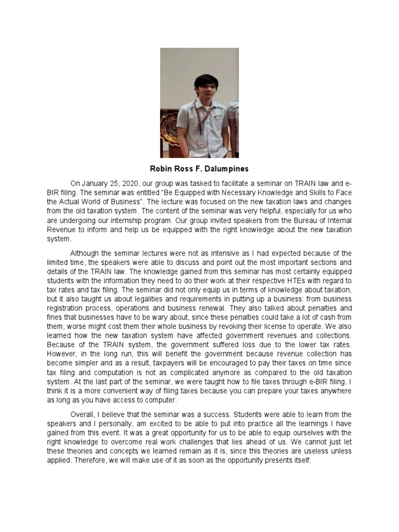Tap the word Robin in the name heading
[x=160, y=168]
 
